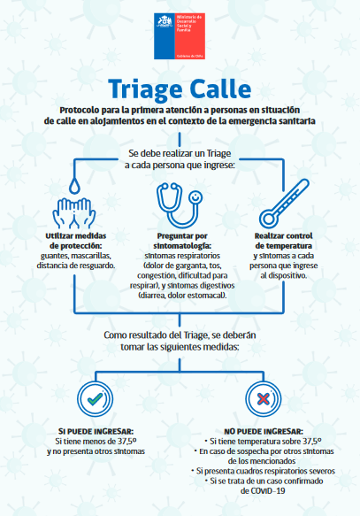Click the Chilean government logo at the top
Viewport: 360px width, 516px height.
click(180, 36)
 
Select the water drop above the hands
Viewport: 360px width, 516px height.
click(74, 186)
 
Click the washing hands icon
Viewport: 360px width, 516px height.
click(74, 213)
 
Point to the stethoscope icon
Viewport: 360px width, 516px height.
click(180, 205)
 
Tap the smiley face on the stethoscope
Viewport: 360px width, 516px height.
click(195, 197)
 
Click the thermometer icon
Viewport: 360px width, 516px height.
click(284, 204)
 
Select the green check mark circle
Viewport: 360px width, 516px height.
click(95, 399)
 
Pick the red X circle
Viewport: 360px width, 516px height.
click(264, 399)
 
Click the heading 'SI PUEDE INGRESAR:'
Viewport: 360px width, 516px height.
click(96, 431)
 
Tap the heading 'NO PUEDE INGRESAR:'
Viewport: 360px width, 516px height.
click(264, 431)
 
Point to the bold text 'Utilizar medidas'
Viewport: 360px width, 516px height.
click(75, 236)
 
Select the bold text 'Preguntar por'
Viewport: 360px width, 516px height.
click(182, 236)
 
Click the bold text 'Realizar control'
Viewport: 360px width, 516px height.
click(283, 236)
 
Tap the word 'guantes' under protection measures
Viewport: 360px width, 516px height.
click(55, 256)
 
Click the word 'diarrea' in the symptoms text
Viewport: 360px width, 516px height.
click(152, 296)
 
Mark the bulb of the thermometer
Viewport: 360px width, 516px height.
click(269, 219)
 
